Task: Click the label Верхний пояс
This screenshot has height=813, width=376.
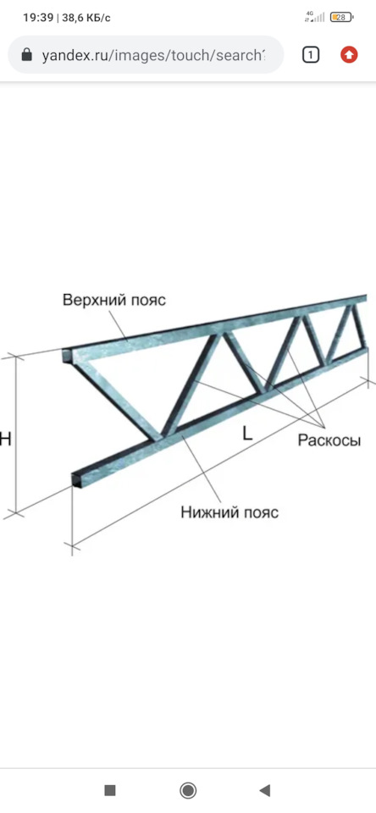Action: click(114, 300)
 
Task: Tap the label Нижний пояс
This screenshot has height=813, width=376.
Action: click(229, 512)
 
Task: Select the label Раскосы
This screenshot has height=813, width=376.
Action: click(329, 440)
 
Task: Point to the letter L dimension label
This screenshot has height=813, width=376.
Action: click(247, 433)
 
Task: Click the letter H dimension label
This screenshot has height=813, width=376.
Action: click(5, 440)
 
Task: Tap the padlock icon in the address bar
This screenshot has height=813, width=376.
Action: click(26, 55)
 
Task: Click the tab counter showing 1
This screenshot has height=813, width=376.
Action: click(310, 55)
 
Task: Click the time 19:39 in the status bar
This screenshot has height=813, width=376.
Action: click(38, 18)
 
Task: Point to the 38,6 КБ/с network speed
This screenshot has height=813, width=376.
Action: click(86, 18)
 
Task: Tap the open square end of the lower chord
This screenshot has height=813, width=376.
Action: click(77, 479)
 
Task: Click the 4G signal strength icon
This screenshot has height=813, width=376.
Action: click(315, 17)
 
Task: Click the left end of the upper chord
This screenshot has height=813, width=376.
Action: click(66, 356)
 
